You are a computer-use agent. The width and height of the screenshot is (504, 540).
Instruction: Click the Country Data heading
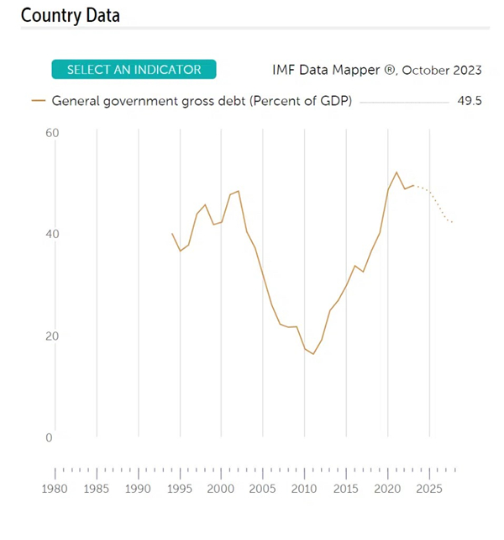71,15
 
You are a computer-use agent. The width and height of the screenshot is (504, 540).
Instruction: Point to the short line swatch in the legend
39,101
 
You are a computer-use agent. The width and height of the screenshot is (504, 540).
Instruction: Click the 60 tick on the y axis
50,133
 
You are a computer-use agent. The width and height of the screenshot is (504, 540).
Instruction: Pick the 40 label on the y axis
50,234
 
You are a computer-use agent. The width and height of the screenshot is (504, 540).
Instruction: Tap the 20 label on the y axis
50,336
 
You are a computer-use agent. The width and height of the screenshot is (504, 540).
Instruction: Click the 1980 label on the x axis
55,489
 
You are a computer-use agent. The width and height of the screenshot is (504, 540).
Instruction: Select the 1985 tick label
97,489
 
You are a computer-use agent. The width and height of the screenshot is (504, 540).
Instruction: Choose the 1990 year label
139,489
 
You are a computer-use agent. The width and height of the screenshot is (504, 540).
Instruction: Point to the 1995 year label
180,489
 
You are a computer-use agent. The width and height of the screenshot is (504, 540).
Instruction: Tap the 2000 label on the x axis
221,489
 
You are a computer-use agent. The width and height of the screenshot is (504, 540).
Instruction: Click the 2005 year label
263,489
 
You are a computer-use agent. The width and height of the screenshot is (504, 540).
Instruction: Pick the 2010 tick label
304,489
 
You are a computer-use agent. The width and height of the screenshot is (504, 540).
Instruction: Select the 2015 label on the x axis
346,489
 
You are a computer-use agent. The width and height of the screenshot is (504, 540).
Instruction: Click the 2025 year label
429,489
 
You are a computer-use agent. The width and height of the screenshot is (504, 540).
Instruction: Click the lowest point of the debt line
313,354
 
